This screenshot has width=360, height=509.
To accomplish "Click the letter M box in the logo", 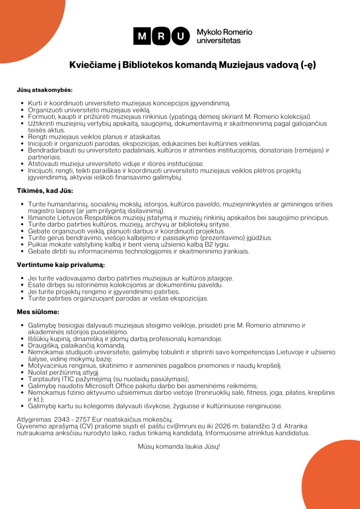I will (x=142, y=36).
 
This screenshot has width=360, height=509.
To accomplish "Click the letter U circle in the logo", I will (x=180, y=36).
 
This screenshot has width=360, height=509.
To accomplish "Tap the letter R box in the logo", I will (x=162, y=36).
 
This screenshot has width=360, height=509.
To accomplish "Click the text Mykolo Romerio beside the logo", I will (x=224, y=32).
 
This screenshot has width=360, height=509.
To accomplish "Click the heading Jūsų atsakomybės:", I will (x=45, y=90).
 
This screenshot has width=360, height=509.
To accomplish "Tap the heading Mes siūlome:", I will (x=38, y=312).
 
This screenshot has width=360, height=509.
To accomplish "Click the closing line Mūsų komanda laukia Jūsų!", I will (x=179, y=446).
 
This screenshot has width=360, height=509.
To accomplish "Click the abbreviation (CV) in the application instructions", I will (x=77, y=426).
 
